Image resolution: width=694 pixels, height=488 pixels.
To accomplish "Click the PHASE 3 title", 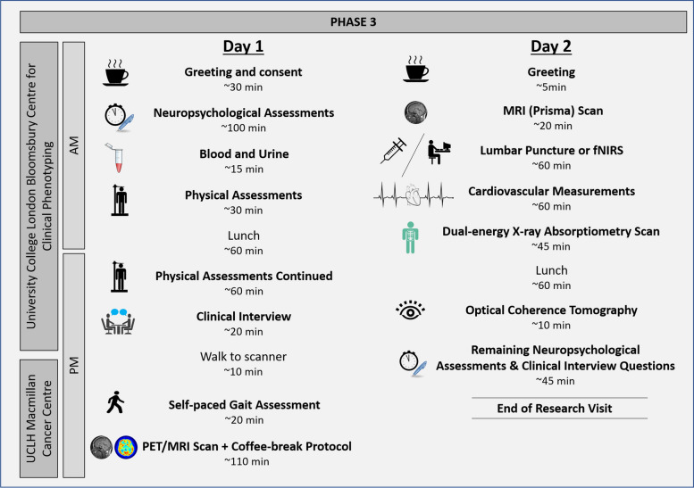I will click(x=346, y=20).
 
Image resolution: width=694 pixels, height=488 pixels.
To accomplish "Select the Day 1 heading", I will click(x=243, y=46).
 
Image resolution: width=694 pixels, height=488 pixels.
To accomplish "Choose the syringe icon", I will click(x=393, y=154).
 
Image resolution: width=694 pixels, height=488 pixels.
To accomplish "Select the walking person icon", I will click(x=116, y=404).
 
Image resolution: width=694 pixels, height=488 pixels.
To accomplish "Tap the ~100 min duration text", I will click(x=243, y=128).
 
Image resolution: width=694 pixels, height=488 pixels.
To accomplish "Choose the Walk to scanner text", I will click(x=243, y=356).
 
